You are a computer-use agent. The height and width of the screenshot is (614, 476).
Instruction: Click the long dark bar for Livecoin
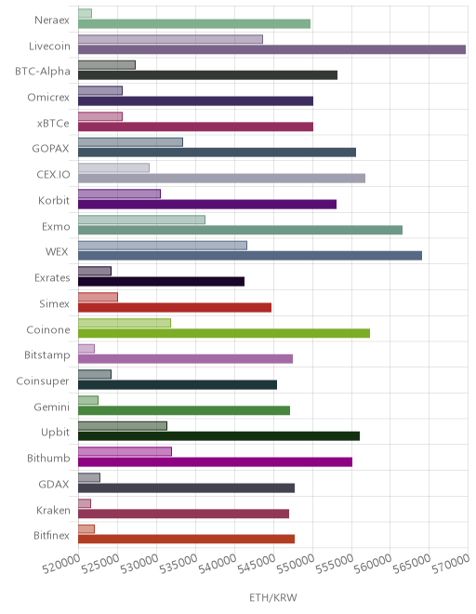click(x=272, y=49)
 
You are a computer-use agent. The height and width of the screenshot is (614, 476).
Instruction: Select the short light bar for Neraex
click(x=85, y=13)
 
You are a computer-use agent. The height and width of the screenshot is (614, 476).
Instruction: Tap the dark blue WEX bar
click(x=250, y=256)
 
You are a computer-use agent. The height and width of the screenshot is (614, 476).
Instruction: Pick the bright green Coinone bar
click(x=224, y=333)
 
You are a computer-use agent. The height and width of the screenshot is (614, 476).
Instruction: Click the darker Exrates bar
click(x=161, y=282)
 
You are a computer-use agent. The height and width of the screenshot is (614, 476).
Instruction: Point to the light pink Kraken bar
click(x=85, y=503)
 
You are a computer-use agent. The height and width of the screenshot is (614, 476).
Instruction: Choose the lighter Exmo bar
click(x=141, y=220)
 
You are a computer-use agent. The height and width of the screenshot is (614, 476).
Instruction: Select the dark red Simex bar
click(x=175, y=307)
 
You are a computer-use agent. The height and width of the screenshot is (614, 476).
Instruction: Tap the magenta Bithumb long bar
click(x=216, y=462)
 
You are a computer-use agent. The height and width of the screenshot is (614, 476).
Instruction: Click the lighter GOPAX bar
click(x=130, y=142)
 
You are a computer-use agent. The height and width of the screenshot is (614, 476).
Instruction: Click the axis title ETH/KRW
click(x=273, y=597)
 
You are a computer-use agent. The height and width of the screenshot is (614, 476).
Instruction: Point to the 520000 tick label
click(x=61, y=565)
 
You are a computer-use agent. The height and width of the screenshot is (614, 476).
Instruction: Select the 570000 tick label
click(x=451, y=565)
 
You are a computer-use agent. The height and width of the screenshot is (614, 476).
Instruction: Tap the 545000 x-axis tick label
click(x=257, y=565)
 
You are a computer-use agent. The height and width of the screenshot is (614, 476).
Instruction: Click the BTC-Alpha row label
click(x=43, y=72)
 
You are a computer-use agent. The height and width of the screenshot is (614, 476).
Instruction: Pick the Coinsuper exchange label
click(x=43, y=381)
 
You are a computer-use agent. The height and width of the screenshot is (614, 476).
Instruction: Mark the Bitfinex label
click(x=51, y=535)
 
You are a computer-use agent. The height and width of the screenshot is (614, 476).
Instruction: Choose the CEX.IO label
click(x=53, y=175)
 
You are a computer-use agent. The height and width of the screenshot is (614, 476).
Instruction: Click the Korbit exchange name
click(x=54, y=201)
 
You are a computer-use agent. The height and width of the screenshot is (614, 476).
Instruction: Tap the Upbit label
click(x=55, y=433)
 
